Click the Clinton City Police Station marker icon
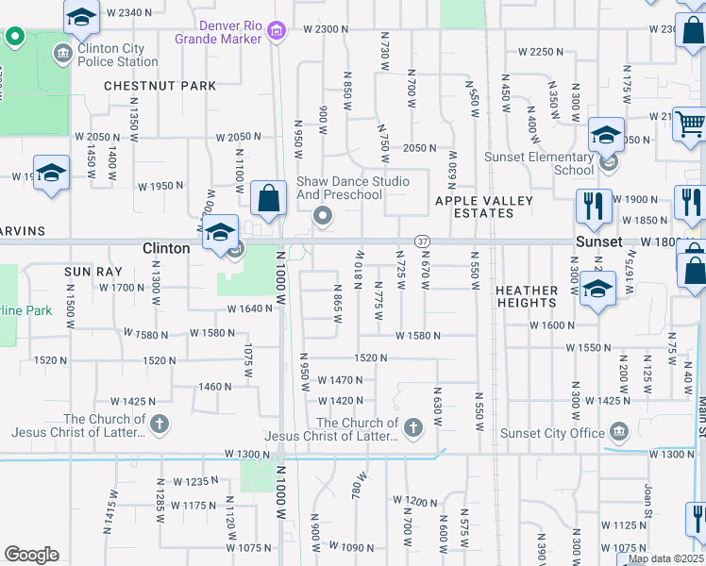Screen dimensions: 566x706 click(63, 52)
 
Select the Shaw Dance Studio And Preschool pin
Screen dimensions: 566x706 click(324, 217)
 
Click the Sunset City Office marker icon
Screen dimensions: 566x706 click(619, 433)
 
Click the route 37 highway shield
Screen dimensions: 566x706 click(422, 242)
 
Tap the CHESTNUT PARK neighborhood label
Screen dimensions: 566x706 click(160, 86)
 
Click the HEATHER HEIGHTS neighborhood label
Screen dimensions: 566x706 click(527, 295)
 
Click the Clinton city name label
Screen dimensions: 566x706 click(167, 248)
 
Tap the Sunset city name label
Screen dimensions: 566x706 click(600, 241)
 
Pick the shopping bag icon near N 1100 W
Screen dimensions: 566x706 click(269, 198)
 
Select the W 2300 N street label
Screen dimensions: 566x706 click(326, 30)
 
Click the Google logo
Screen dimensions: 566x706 click(31, 555)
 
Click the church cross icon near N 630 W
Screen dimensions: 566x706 click(412, 429)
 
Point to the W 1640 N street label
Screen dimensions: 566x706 click(249, 309)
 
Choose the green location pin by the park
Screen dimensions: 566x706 click(14, 38)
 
